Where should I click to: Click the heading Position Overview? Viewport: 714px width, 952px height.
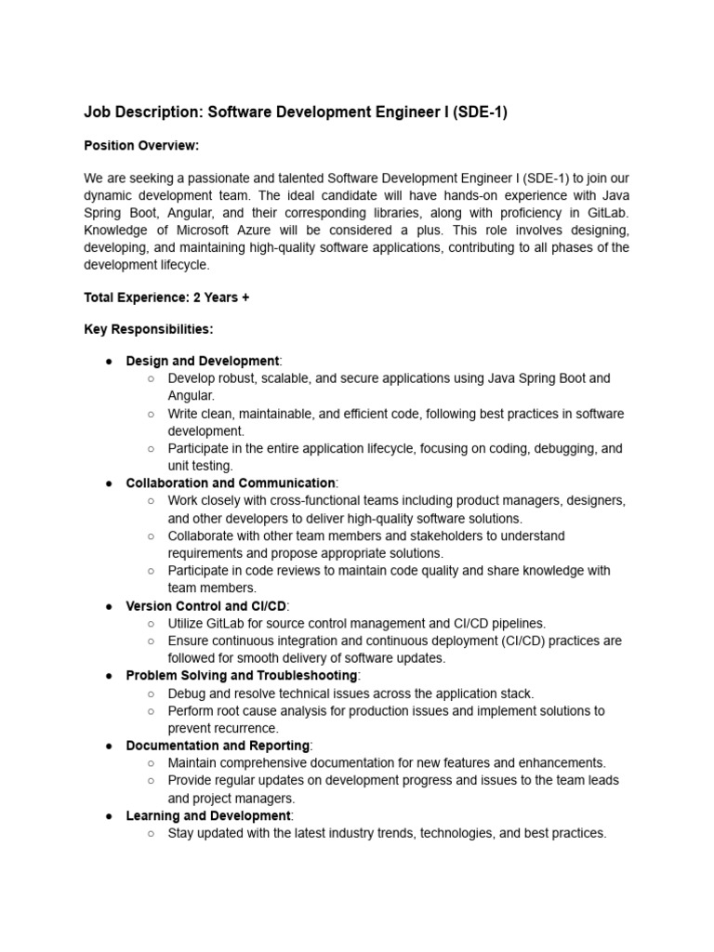pos(141,146)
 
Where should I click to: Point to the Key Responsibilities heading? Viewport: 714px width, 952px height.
pos(148,329)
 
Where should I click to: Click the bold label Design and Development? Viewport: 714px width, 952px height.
pos(202,361)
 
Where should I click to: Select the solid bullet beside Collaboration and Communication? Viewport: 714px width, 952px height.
pos(108,483)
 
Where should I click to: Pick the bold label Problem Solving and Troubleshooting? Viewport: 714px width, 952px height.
pos(241,676)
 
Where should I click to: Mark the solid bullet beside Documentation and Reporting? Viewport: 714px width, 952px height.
pos(108,746)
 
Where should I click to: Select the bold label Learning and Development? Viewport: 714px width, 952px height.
pos(208,816)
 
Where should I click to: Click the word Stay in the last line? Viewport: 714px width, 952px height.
pos(182,834)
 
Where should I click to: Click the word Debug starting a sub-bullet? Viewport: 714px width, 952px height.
pos(187,694)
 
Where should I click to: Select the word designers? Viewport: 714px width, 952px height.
pos(591,501)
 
